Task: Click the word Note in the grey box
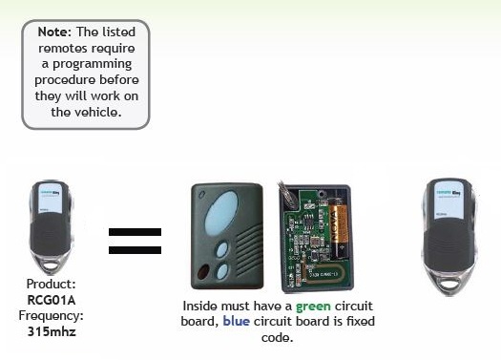[53, 32]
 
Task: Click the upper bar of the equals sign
[135, 233]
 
